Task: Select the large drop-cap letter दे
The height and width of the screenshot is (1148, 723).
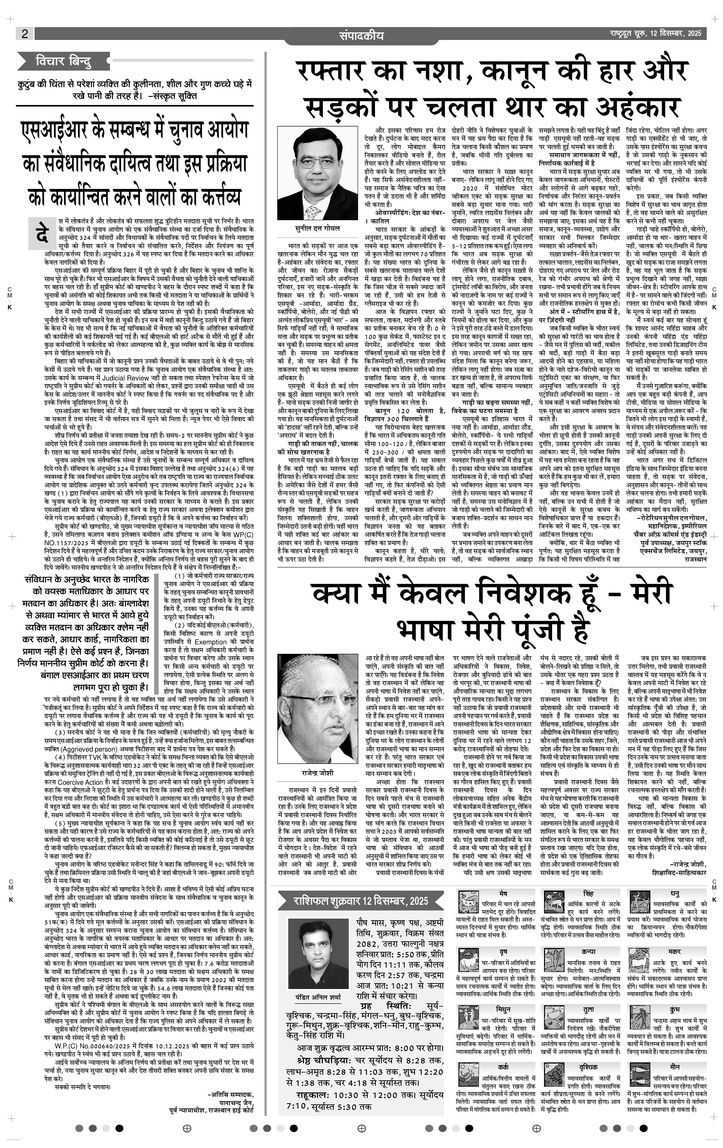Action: click(42, 233)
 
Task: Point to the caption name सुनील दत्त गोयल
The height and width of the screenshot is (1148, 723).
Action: click(317, 228)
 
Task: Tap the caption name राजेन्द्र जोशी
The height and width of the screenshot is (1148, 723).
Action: click(317, 773)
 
